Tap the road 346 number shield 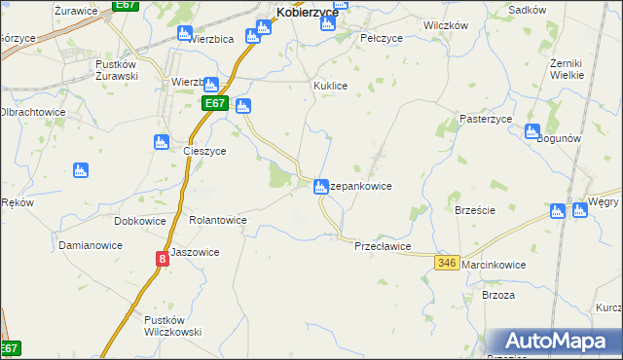[448, 264]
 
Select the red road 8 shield [162, 260]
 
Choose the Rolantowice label [217, 221]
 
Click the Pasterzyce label [486, 119]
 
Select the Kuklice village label [330, 86]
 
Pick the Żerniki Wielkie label [567, 68]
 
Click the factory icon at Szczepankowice [320, 186]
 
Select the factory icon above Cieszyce [162, 142]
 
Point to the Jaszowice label [195, 252]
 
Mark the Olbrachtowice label [32, 112]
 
